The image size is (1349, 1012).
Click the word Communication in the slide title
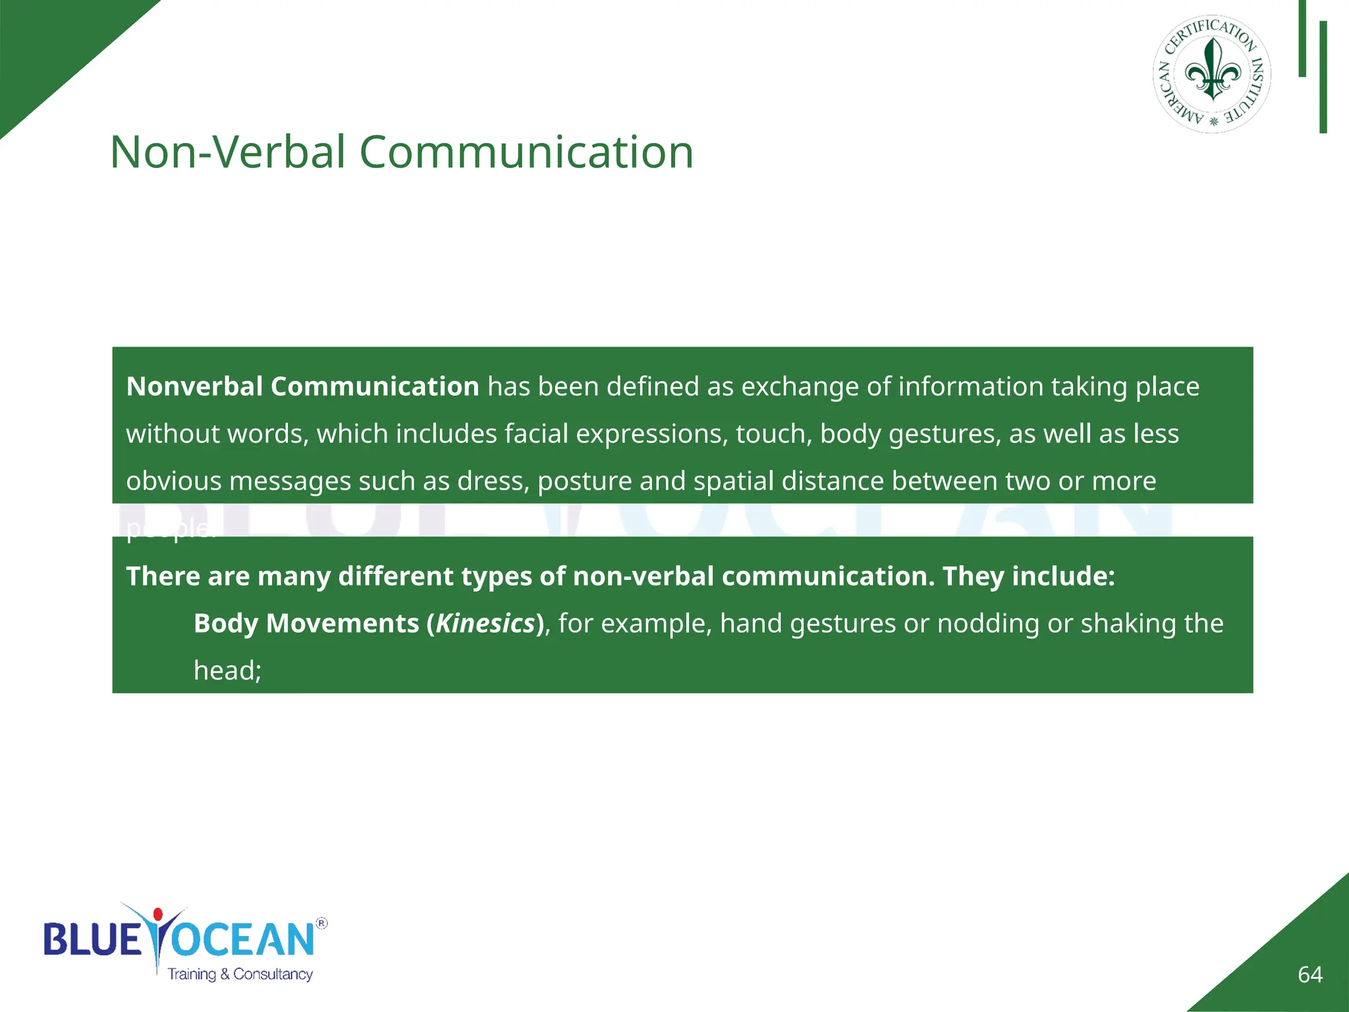[x=526, y=153]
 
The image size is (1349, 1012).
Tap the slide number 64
[x=1309, y=974]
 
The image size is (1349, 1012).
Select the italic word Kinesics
[x=485, y=623]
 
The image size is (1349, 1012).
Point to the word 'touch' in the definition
[x=774, y=434]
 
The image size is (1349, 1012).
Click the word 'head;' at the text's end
[x=227, y=671]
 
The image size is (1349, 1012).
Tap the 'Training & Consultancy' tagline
[x=240, y=974]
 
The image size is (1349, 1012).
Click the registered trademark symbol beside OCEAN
[x=321, y=923]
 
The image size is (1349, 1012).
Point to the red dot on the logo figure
[x=157, y=914]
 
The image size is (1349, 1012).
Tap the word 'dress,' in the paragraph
[x=493, y=482]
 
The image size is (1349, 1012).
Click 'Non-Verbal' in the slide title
[x=227, y=153]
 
